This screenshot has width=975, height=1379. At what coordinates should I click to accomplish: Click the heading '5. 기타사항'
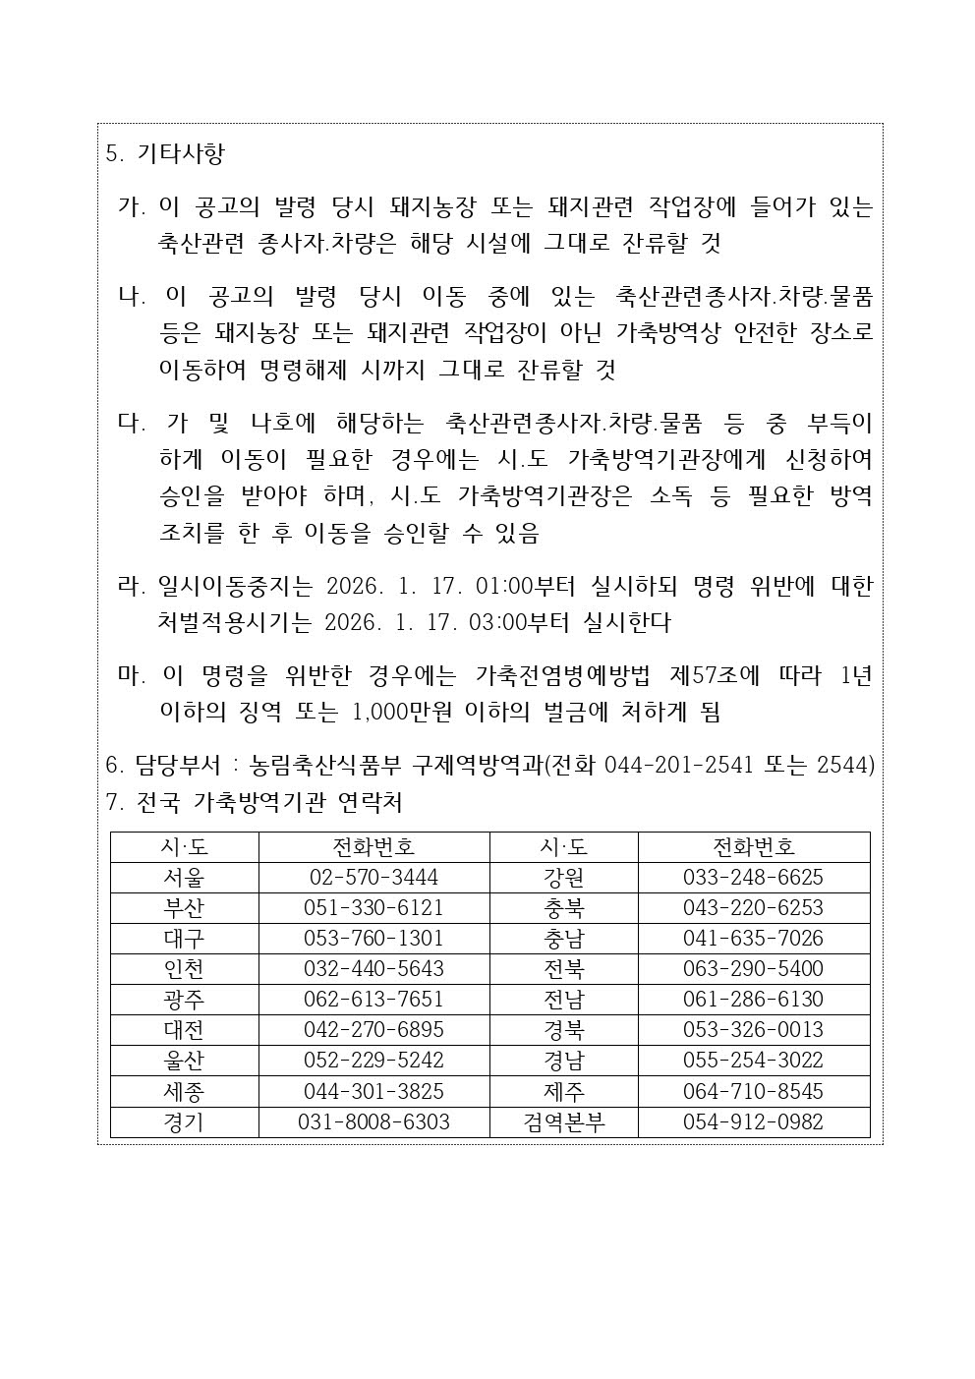tap(165, 153)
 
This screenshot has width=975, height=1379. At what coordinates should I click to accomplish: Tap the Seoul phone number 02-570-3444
tap(373, 877)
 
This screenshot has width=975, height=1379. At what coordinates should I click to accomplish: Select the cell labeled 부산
tap(184, 907)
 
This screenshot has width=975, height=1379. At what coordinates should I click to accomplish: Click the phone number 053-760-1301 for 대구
tap(373, 938)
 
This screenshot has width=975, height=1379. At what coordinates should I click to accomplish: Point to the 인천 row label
tap(184, 968)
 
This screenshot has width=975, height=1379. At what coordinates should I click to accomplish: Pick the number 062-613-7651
tap(373, 999)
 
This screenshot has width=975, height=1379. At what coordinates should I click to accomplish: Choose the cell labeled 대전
tap(184, 1029)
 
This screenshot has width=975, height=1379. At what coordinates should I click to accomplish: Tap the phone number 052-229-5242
tap(373, 1060)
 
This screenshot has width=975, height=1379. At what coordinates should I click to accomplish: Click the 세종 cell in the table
tap(184, 1091)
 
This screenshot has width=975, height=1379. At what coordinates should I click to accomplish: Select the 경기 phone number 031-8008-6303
tap(373, 1121)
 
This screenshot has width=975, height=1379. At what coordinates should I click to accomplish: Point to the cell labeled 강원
tap(563, 877)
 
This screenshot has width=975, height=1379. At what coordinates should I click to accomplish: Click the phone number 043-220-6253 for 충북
tap(753, 907)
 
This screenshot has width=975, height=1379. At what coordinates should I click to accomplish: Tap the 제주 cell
tap(563, 1091)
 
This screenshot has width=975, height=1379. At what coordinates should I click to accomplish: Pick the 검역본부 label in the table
tap(563, 1121)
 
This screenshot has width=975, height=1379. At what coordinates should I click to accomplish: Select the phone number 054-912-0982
tap(753, 1121)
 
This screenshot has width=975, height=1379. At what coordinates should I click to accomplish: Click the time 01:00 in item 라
tap(503, 587)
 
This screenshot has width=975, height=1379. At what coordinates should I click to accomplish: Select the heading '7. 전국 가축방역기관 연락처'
tap(254, 803)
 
